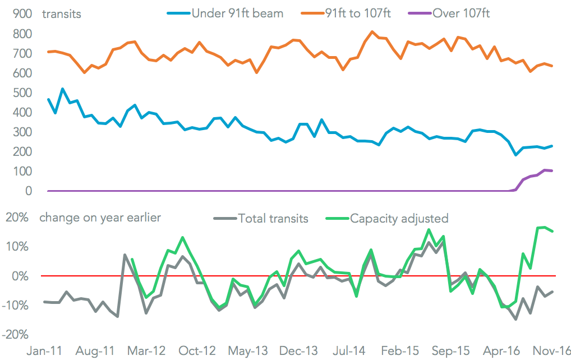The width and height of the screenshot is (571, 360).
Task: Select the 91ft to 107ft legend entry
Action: [354, 13]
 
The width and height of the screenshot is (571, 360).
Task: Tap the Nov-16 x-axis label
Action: [552, 350]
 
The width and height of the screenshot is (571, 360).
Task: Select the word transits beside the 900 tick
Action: [62, 14]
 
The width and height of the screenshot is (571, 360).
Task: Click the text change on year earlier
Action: [100, 218]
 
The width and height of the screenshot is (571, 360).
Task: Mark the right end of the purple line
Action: [552, 170]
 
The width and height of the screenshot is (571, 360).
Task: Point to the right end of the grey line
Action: [552, 292]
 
